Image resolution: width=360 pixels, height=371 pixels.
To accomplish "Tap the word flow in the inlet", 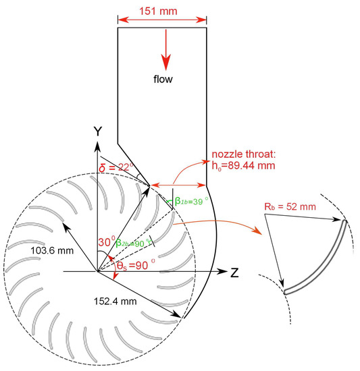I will coord(161,79).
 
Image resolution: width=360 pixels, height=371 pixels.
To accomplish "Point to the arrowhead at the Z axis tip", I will coord(222,272).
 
